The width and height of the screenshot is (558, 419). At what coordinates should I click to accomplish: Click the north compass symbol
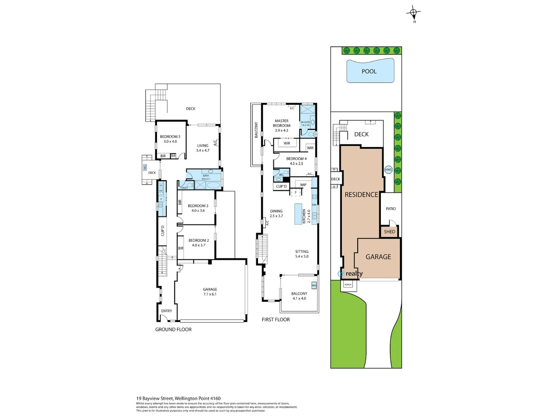[x=413, y=14]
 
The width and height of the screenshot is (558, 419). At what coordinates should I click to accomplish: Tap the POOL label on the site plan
[x=369, y=71]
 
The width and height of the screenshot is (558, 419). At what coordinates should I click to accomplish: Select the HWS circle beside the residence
[x=388, y=170]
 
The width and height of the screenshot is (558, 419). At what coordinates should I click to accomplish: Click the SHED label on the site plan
[x=389, y=232]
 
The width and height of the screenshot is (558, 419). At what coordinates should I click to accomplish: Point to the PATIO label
[x=391, y=209]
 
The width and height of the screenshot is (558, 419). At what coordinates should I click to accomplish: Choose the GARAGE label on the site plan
[x=378, y=257]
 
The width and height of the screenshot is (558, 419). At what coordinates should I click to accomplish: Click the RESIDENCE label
[x=361, y=195]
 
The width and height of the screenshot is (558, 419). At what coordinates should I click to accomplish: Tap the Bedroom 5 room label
[x=170, y=137]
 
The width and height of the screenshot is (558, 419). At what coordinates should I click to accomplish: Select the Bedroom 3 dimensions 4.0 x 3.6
[x=198, y=211]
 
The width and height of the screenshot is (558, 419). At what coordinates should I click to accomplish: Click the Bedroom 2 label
[x=198, y=241]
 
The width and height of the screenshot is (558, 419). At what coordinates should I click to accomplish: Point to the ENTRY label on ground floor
[x=167, y=311]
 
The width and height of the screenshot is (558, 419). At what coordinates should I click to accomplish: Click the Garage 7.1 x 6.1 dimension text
[x=210, y=294]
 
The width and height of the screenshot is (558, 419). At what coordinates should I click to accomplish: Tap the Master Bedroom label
[x=282, y=123]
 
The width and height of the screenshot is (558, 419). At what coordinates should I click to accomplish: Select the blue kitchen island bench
[x=298, y=214]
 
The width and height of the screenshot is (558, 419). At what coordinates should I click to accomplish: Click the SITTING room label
[x=302, y=251]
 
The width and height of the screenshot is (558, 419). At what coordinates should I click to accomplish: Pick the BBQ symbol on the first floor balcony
[x=314, y=285]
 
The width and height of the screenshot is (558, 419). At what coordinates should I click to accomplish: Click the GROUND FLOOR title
[x=173, y=329]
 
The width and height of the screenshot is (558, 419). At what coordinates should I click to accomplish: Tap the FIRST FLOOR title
[x=276, y=320]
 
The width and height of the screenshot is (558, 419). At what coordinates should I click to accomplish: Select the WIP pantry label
[x=303, y=185]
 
